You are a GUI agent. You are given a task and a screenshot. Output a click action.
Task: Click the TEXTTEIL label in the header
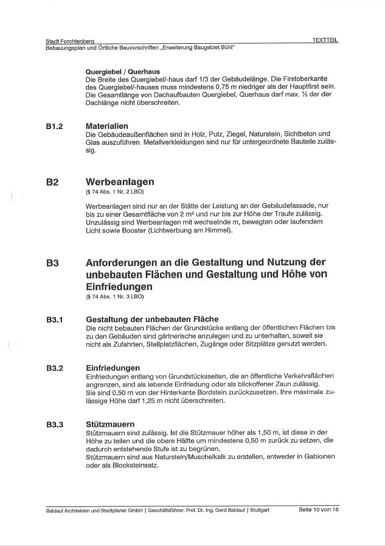coord(325,40)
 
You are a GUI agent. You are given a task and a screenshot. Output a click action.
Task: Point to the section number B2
coord(52,182)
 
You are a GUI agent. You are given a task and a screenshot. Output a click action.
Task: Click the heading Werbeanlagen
coord(120,182)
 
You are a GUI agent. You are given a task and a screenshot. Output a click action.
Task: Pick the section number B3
coord(52,264)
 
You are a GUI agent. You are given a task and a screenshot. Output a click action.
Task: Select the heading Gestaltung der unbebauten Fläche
coord(152,319)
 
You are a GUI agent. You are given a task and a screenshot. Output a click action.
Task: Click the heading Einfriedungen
coord(113,368)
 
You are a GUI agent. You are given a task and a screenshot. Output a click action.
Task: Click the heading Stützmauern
coord(111,424)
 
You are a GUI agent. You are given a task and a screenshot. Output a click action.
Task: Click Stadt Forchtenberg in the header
coord(74,41)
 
